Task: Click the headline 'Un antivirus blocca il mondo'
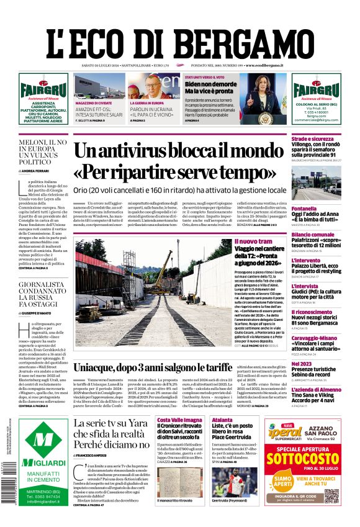pos(180,152)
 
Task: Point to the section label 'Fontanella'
pos(305,209)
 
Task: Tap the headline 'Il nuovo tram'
pos(253,241)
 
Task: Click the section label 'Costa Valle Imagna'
pos(180,420)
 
